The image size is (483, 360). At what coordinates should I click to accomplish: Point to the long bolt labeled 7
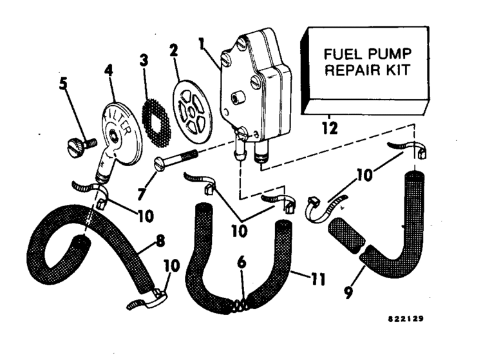click(177, 158)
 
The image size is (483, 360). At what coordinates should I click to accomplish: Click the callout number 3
click(144, 62)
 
